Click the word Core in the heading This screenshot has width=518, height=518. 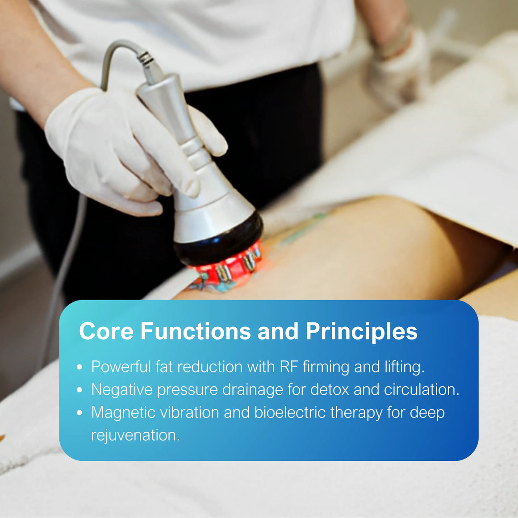106,331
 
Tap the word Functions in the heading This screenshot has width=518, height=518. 196,331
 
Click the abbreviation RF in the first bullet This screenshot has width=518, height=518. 289,367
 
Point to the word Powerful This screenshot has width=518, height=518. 121,367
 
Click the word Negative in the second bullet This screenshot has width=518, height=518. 122,389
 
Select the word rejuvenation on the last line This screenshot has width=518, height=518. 135,435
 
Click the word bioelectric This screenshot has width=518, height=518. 290,412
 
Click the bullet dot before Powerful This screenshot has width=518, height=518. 79,367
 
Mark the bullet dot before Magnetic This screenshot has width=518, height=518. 79,413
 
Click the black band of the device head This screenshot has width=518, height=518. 219,242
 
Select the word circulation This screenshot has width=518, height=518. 422,389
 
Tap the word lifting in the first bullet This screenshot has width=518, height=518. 405,367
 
